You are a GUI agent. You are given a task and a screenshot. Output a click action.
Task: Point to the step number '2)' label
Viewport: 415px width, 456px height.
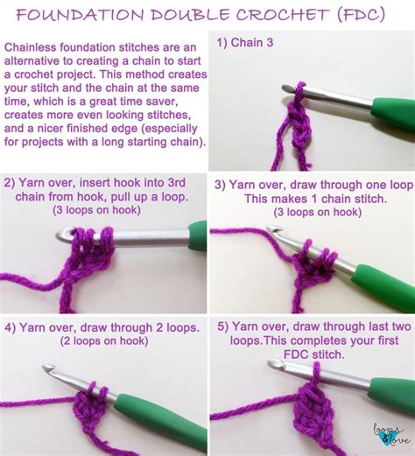(x=11, y=184)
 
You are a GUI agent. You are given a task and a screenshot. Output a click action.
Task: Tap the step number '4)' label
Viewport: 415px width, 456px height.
(x=11, y=326)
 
